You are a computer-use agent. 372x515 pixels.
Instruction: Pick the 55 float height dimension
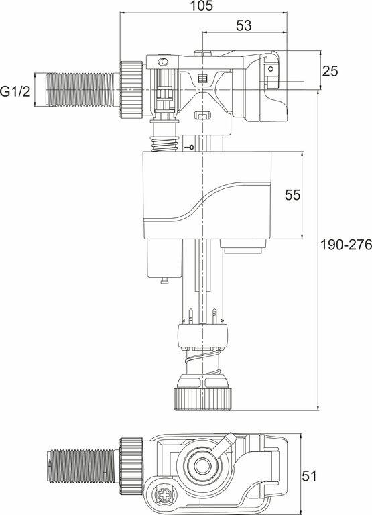tap(292, 195)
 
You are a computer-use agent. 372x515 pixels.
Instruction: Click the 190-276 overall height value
tap(345, 245)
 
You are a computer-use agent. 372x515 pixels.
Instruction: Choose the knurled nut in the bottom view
tap(131, 463)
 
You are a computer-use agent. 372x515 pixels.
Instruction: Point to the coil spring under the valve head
tap(164, 143)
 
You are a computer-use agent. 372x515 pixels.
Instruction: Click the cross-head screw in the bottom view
tap(164, 497)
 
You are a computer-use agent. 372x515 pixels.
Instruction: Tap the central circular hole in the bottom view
tap(199, 467)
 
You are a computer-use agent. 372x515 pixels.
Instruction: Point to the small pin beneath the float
tap(163, 280)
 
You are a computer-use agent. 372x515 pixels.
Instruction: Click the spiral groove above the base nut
tap(202, 367)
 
